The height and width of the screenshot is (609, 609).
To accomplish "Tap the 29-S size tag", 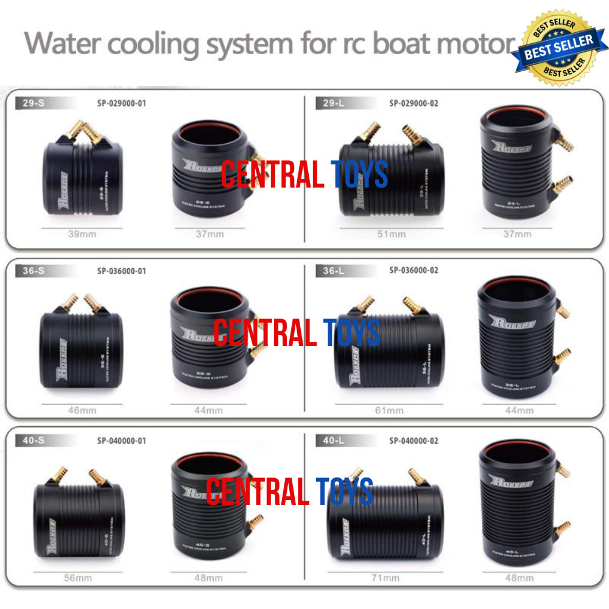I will pyautogui.click(x=29, y=104).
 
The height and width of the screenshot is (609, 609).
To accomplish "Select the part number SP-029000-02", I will pyautogui.click(x=414, y=104).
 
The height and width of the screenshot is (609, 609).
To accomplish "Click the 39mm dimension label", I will pyautogui.click(x=82, y=234).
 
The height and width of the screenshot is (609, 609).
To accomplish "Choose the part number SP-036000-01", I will pyautogui.click(x=122, y=270).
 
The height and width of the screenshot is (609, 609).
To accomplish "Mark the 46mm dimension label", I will pyautogui.click(x=82, y=410).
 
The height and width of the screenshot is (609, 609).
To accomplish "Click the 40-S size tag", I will pyautogui.click(x=29, y=440).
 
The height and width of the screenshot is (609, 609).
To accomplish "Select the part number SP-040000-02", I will pyautogui.click(x=414, y=440).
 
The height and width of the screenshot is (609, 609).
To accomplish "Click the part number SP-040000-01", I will pyautogui.click(x=122, y=440).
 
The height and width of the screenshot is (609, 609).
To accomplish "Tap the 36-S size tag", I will pyautogui.click(x=29, y=270).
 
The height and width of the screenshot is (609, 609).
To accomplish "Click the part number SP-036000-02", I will pyautogui.click(x=414, y=270).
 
